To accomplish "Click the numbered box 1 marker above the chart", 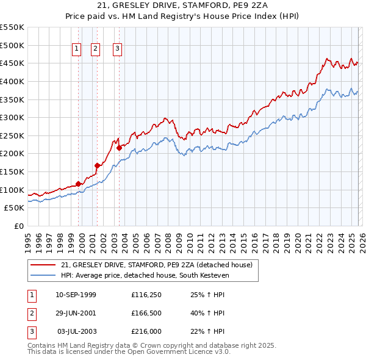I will (x=77, y=49).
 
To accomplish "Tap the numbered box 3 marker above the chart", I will (x=117, y=49).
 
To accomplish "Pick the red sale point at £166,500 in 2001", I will (x=97, y=165).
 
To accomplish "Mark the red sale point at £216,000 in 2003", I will (x=119, y=147).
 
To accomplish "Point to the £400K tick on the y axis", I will (x=12, y=81).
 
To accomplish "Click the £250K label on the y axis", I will (x=12, y=135).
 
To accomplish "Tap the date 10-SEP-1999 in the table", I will (x=76, y=295).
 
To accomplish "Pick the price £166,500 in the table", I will (x=146, y=313).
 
